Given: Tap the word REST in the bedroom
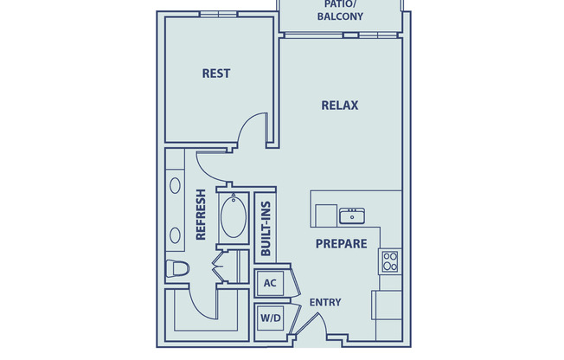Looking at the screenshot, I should coord(215,74).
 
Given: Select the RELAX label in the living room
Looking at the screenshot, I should coord(340,106).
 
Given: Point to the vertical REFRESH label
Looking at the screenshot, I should coord(201,215).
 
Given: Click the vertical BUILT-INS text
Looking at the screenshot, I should coord(266,227).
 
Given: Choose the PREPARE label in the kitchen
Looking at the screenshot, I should coord(341,244).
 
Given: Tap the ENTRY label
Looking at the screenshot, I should coord(324,302).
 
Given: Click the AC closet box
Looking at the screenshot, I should coord(269,283).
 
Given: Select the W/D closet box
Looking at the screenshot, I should coord(270,318).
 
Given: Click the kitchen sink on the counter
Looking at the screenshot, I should coord(352,214).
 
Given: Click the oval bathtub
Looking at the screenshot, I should coord(233,218).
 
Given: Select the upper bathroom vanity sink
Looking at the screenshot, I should coord(176,184).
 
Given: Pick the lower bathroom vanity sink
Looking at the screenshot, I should coord(176,235).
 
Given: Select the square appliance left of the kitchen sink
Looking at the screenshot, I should coord(325,215).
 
